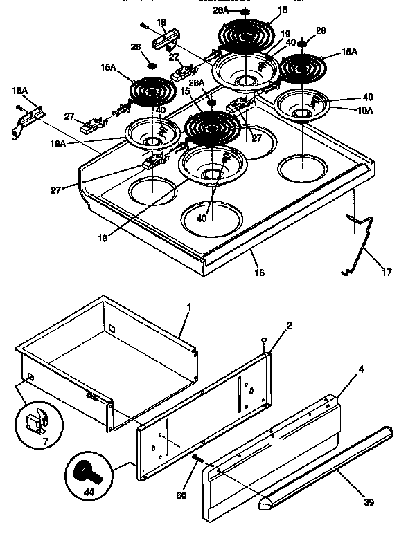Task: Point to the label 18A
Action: [x=19, y=91]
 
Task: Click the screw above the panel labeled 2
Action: [x=263, y=340]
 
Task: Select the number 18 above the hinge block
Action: [x=161, y=23]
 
